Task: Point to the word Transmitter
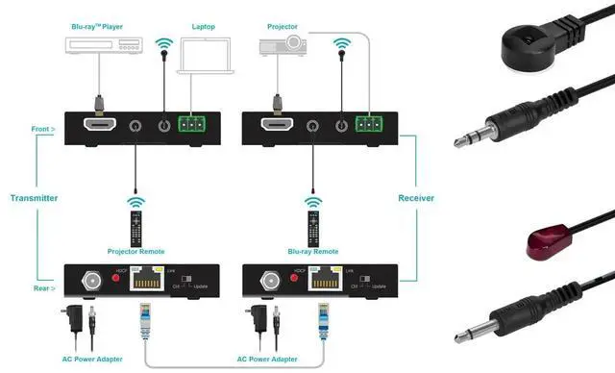point(34,198)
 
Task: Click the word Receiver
point(415,198)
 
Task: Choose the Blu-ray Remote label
point(313,251)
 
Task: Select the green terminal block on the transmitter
point(194,124)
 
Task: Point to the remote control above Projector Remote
point(136,227)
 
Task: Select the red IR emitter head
point(544,244)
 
